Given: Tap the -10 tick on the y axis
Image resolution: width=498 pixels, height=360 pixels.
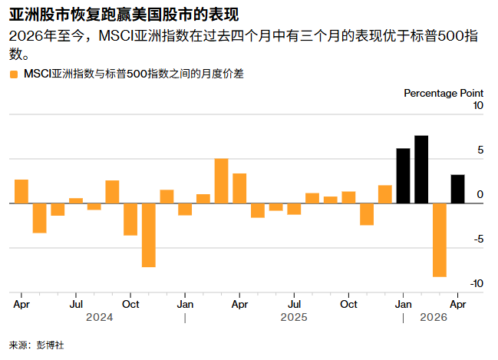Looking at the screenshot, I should tap(476, 283).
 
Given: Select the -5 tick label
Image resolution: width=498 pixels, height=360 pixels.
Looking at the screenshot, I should tap(477, 239).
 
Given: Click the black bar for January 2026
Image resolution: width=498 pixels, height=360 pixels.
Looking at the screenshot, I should tap(403, 176).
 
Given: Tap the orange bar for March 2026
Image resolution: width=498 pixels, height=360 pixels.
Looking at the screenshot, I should tap(439, 239).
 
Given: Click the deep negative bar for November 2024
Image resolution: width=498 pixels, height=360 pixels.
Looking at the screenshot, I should tap(148, 235).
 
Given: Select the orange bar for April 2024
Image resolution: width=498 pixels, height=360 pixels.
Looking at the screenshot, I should tap(21, 191).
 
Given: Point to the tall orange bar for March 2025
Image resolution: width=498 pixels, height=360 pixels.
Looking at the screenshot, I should tap(221, 181).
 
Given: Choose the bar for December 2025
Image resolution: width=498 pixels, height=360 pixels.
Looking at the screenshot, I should tap(384, 194).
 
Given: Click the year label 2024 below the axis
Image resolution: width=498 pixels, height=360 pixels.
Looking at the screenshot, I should tap(100, 316).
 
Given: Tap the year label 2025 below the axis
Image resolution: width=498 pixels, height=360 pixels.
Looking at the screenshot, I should tap(294, 316).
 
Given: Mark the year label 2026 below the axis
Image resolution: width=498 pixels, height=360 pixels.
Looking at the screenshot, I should tap(434, 316).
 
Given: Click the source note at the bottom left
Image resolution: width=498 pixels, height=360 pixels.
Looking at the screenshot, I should tap(36, 345).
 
